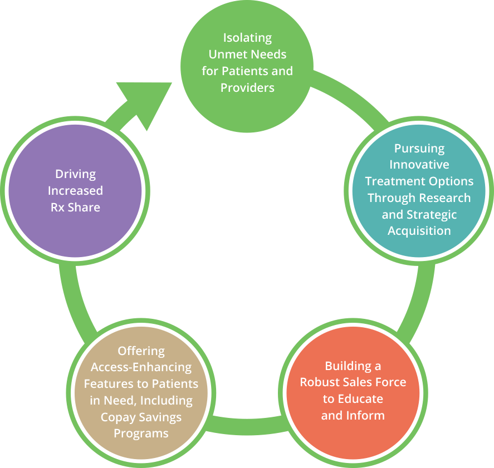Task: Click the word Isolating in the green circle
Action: coord(247,38)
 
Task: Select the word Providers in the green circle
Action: coord(247,87)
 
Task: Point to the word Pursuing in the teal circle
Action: coord(419,149)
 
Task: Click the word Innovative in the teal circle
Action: coord(419,165)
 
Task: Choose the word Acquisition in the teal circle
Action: coord(419,231)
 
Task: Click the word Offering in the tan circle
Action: coord(141,351)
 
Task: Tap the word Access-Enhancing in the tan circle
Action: coord(141,367)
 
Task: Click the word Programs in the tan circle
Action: coord(141,433)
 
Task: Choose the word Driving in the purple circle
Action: coord(75,174)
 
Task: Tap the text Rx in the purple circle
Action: coord(58,207)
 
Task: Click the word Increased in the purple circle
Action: coord(75,190)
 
